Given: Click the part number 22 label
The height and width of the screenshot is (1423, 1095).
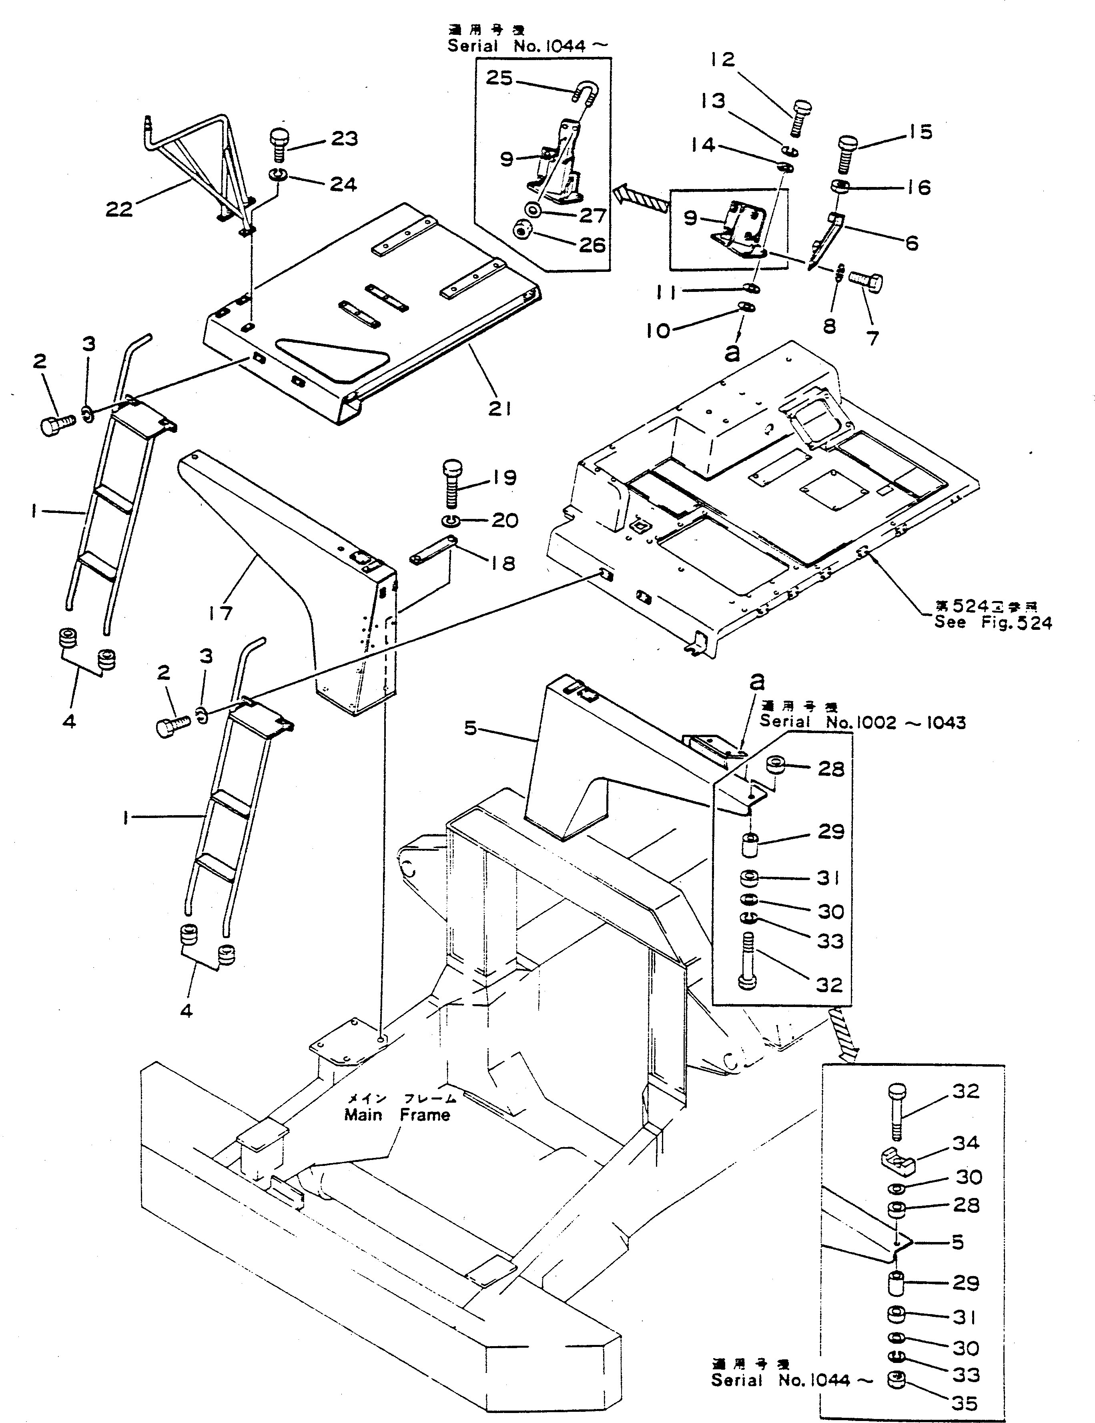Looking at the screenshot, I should point(119,209).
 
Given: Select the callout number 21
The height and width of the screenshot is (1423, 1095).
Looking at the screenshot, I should point(499,408).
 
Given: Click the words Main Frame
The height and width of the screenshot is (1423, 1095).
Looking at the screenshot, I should point(397,1114).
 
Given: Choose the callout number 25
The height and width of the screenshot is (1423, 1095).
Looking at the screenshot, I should point(499,78).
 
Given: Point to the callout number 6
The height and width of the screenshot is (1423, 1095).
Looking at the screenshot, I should point(911,243).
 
